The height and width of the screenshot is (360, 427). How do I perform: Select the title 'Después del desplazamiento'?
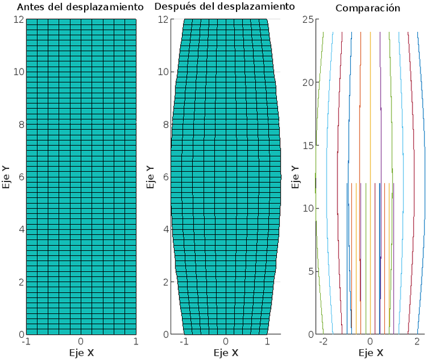point(225,7)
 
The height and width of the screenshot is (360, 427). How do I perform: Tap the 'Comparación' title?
point(368,8)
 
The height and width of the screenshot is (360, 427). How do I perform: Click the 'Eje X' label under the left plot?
point(81,353)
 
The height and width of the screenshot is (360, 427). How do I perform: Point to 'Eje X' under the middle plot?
point(226,353)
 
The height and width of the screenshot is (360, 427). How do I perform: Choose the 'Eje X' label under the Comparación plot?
point(371,353)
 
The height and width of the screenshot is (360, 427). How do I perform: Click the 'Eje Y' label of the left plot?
point(7,177)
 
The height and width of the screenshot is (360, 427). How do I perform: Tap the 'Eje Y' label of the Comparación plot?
point(295,177)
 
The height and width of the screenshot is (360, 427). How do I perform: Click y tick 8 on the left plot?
point(19,124)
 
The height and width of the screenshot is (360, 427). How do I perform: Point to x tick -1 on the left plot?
point(25,341)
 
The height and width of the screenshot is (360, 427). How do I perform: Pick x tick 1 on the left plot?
point(136,341)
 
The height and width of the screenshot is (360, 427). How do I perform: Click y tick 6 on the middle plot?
point(164,177)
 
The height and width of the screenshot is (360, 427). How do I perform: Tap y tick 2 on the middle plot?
point(164,282)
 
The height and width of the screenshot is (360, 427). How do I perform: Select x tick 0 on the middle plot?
point(226,341)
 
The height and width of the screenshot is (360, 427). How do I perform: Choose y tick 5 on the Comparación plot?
point(309,271)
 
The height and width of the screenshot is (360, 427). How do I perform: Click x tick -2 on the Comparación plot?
point(323,341)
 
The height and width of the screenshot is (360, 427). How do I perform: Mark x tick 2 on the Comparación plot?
point(417,341)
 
